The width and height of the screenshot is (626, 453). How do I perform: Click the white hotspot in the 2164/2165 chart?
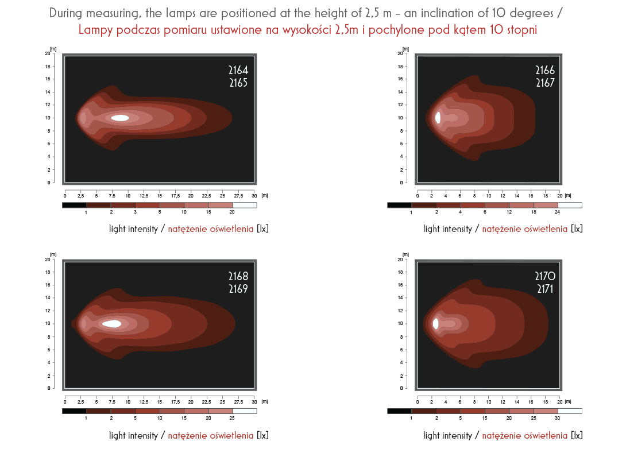tap(120, 118)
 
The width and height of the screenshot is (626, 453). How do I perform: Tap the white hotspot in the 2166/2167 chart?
tap(438, 118)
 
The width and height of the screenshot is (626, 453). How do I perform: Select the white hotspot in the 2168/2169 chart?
tap(112, 324)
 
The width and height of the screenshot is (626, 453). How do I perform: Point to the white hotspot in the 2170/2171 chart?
tap(435, 324)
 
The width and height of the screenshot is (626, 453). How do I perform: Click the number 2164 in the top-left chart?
tap(238, 70)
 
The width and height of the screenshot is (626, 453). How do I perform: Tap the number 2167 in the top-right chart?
tap(545, 83)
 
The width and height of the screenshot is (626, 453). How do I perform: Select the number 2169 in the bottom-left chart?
tap(238, 289)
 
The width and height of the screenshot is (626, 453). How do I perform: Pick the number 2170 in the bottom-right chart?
tap(545, 276)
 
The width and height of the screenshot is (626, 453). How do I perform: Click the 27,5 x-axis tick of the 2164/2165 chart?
tap(238, 196)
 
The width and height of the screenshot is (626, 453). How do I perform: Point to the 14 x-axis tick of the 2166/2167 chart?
tap(517, 196)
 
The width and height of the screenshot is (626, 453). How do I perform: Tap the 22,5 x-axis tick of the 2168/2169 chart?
tap(206, 402)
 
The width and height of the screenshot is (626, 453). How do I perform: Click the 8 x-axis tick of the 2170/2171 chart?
tap(474, 402)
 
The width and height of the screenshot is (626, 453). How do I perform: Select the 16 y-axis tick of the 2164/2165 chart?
tap(48, 79)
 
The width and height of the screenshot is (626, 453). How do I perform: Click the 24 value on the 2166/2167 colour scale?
tap(557, 212)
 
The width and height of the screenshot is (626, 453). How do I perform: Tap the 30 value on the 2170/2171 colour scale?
tap(557, 419)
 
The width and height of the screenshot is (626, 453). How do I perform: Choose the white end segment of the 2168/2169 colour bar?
tap(245, 411)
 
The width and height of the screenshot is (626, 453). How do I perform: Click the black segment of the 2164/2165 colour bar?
tap(74, 205)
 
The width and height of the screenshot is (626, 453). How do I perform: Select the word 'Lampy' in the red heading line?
tap(95, 30)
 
